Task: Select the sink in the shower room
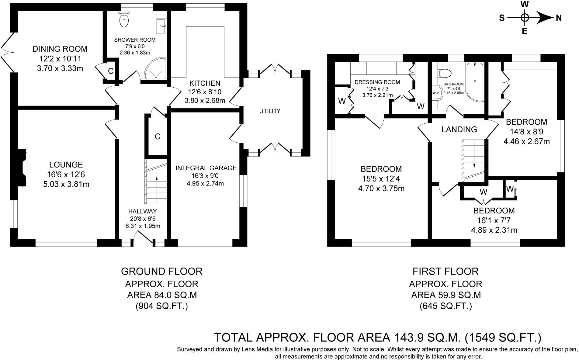click(x=161, y=26)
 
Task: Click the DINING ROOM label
click(x=60, y=49)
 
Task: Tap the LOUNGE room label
click(x=66, y=165)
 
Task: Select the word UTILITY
click(x=270, y=111)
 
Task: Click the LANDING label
click(x=459, y=130)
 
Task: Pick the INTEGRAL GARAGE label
click(x=206, y=168)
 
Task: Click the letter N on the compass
click(x=559, y=18)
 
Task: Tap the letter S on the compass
click(x=502, y=18)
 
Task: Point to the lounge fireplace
click(x=22, y=168)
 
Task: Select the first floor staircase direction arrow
click(x=474, y=159)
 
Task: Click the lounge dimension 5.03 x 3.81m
click(x=66, y=184)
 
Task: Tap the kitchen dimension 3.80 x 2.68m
click(x=205, y=100)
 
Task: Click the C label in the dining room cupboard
click(x=111, y=71)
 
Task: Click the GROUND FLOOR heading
click(x=162, y=271)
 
